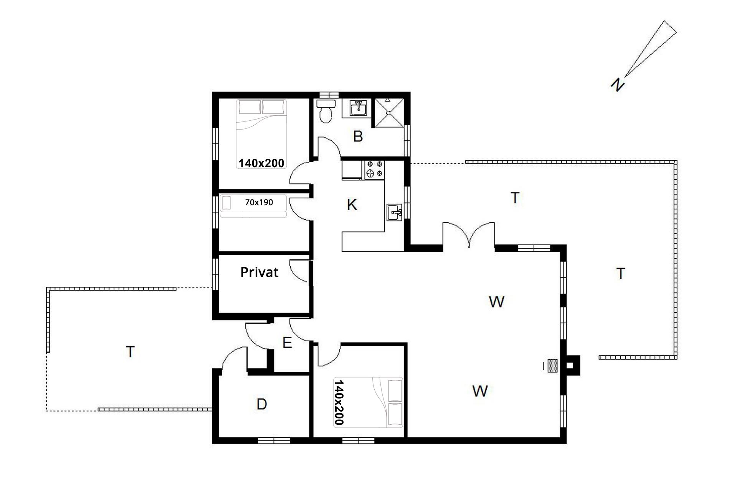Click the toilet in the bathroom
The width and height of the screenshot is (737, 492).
[x=326, y=111]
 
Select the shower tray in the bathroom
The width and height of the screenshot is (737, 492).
[x=389, y=113]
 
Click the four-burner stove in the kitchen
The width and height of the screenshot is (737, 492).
[x=375, y=170]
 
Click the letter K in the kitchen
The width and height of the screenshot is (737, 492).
[x=352, y=205]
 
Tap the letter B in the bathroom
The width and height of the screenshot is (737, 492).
[x=358, y=136]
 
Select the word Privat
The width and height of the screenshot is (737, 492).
[x=259, y=272]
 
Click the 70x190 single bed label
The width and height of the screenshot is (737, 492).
[x=259, y=202]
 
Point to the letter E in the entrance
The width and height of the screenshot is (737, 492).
[x=287, y=342]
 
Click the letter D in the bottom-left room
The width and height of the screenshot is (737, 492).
[x=262, y=404]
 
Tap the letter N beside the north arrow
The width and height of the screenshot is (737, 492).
[x=617, y=85]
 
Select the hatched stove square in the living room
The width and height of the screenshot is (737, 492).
[x=552, y=366]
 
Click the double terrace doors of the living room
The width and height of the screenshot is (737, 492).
[x=469, y=234]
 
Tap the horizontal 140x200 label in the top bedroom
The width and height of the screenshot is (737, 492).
[x=261, y=163]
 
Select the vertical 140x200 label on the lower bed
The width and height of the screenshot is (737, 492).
[x=339, y=402]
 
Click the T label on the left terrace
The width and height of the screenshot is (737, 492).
[x=131, y=352]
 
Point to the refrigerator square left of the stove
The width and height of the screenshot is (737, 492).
[x=352, y=170]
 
